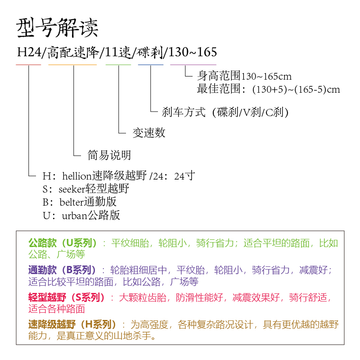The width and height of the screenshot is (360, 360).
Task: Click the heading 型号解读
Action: (57, 28)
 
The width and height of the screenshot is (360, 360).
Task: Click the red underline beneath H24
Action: (28, 65)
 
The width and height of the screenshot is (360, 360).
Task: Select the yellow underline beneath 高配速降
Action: (72, 65)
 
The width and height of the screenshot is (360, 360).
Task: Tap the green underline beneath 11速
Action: (118, 65)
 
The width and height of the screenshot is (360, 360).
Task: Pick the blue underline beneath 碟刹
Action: (151, 65)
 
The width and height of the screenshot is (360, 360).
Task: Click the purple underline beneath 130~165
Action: (189, 65)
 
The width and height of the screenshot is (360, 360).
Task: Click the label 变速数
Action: (149, 133)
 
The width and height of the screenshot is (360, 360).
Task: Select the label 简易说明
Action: (109, 156)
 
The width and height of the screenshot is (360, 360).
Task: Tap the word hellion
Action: (76, 176)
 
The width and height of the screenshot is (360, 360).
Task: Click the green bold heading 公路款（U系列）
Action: (63, 243)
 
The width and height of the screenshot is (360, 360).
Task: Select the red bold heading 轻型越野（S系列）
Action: (66, 297)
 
